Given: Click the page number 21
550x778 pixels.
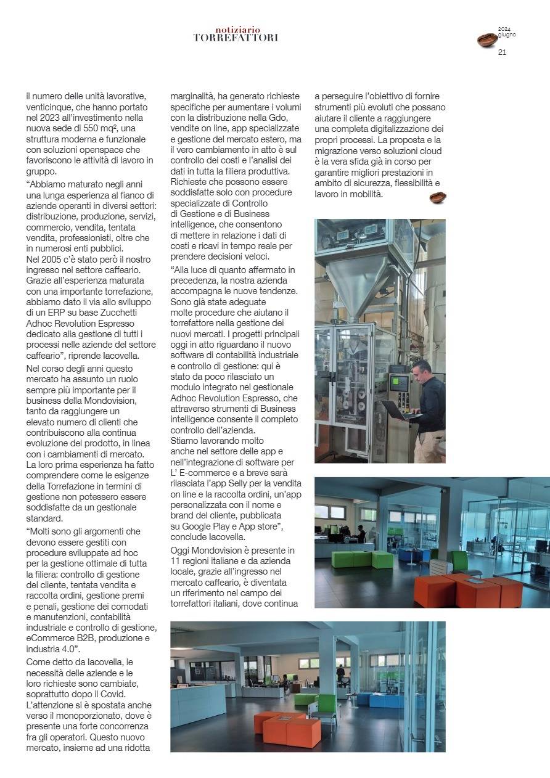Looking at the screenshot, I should coord(502,52).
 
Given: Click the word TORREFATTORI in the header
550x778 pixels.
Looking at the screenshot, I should coord(236,38).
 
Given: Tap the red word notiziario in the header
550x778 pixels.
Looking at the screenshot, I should coord(238,30).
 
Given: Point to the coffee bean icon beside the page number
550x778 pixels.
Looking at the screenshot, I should coord(487,40).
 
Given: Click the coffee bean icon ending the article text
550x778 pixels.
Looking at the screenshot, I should coord(438,197).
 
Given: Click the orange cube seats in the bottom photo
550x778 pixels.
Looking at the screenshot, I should coord(288,728).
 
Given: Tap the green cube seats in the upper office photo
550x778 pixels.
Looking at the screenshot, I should coord(362,559).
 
